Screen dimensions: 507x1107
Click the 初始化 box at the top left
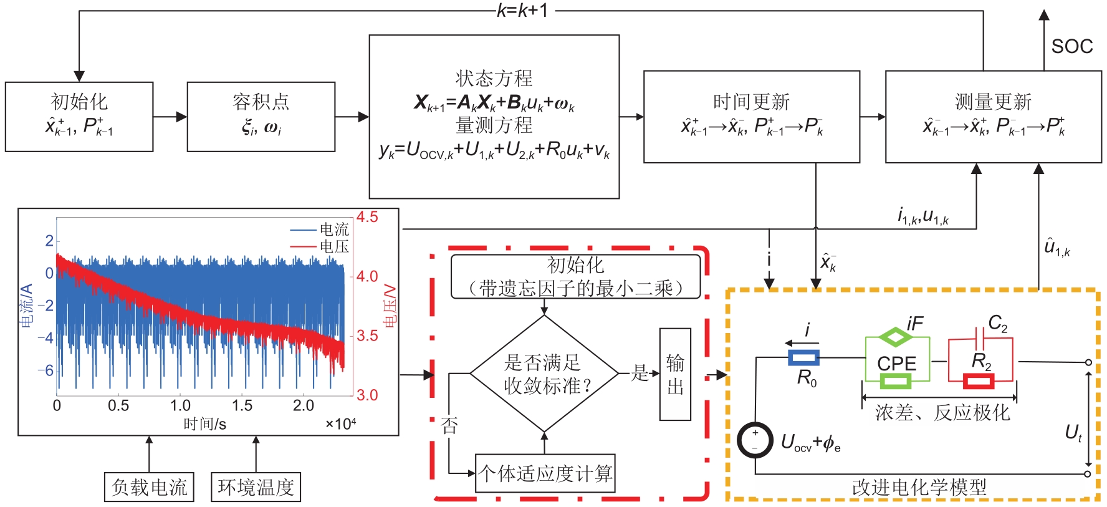pos(79,117)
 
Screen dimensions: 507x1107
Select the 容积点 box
pos(261,117)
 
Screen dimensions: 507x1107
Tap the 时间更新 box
pos(752,117)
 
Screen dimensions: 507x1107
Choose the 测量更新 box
pos(994,117)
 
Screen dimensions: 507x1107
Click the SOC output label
pos(1072,46)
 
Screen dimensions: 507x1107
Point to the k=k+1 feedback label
pos(522,11)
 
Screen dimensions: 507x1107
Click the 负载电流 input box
pos(149,487)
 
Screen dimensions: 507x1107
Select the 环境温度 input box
pos(256,487)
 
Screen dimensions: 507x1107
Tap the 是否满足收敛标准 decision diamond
pos(544,374)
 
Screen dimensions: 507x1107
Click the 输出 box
pos(675,374)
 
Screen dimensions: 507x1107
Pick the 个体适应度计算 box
pos(545,473)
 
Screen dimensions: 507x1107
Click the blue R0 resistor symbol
pos(803,357)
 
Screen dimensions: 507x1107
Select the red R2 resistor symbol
pos(979,380)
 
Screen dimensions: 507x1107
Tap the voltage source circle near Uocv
pos(755,440)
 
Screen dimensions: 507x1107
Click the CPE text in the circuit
pos(896,363)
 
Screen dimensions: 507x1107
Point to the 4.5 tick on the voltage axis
pos(367,217)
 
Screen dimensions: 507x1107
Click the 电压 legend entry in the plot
pos(334,247)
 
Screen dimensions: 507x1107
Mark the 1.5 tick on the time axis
pos(242,405)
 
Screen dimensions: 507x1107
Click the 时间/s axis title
pos(204,424)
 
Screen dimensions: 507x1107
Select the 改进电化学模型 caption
pos(919,487)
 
